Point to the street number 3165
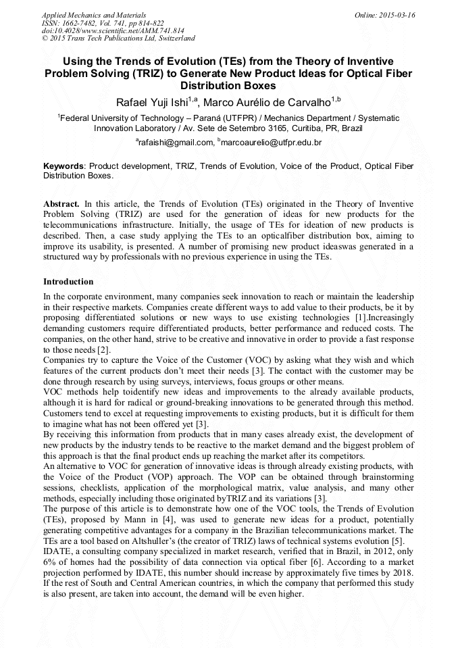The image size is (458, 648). (x=253, y=128)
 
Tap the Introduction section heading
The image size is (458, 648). (x=68, y=282)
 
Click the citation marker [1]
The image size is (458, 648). (x=361, y=318)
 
